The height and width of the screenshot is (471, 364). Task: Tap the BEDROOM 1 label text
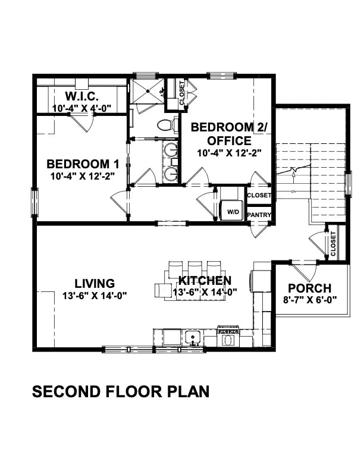pyautogui.click(x=79, y=164)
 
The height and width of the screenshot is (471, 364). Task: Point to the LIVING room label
pyautogui.click(x=95, y=284)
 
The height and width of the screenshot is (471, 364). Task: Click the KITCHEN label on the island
pyautogui.click(x=205, y=281)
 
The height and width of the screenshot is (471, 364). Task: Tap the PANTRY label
pyautogui.click(x=259, y=215)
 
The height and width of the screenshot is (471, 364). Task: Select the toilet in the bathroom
pyautogui.click(x=168, y=125)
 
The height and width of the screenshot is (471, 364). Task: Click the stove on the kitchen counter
pyautogui.click(x=228, y=338)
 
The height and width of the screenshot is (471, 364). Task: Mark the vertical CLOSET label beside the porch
pyautogui.click(x=333, y=243)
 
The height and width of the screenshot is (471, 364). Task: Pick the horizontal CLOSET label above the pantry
pyautogui.click(x=259, y=195)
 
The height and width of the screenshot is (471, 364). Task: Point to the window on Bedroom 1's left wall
pyautogui.click(x=34, y=202)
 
